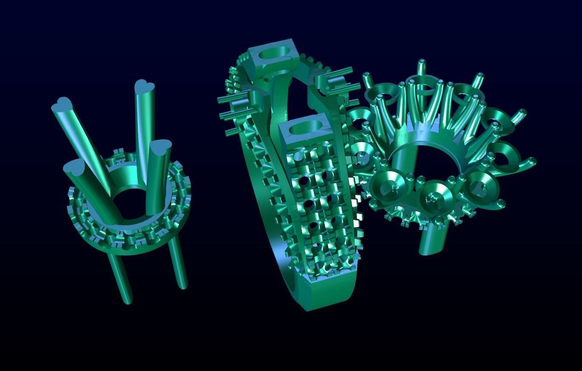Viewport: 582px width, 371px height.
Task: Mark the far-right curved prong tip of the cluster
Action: point(532,162)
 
